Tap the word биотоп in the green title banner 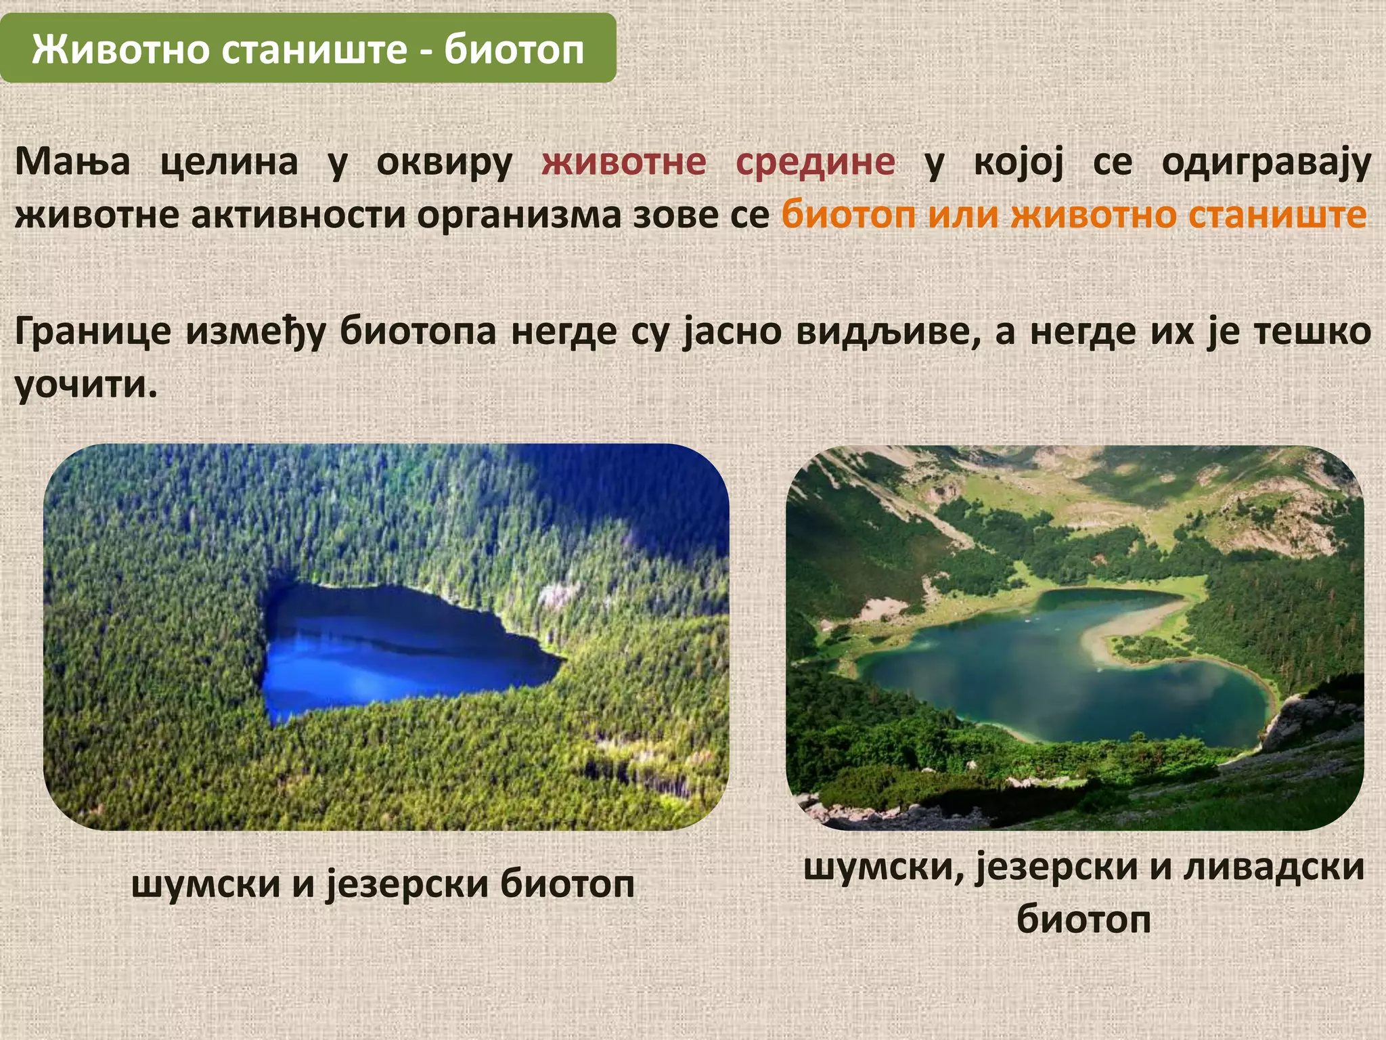[x=514, y=49]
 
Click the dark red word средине [x=815, y=162]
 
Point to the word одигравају [x=1266, y=162]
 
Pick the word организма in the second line [x=518, y=215]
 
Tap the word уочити [x=85, y=385]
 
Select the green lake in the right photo [x=1056, y=684]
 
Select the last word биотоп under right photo [x=1083, y=919]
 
